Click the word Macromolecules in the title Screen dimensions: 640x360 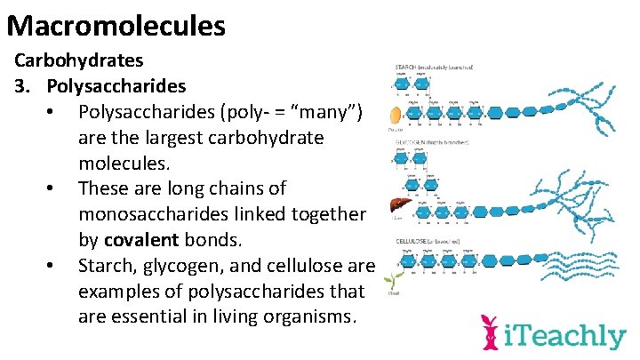(116, 24)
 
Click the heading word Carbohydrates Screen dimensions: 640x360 (79, 62)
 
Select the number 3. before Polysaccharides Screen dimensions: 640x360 (22, 87)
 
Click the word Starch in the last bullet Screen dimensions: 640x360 (105, 266)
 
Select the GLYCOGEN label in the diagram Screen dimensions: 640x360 (413, 142)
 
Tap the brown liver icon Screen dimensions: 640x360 (396, 206)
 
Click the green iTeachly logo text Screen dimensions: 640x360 (565, 336)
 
